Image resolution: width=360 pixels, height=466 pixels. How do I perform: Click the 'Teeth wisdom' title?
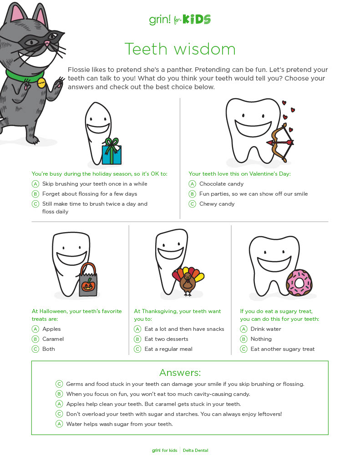click(180, 49)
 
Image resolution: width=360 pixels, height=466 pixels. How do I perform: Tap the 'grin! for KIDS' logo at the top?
click(180, 20)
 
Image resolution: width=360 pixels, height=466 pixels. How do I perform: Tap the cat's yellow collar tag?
click(41, 82)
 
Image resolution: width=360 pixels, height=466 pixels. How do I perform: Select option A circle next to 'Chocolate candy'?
click(193, 184)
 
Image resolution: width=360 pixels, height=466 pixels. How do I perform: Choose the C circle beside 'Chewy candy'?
click(193, 204)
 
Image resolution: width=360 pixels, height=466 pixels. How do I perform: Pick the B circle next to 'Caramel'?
click(35, 339)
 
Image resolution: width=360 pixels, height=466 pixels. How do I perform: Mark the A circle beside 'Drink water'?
click(243, 329)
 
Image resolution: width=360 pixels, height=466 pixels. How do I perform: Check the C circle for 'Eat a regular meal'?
click(137, 349)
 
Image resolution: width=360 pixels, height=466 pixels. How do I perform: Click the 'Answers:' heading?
click(180, 373)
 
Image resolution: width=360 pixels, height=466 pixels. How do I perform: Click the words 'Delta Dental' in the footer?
click(196, 451)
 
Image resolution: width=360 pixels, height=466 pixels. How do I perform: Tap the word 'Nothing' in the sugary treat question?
click(261, 339)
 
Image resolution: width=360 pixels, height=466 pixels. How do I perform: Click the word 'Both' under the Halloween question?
click(49, 349)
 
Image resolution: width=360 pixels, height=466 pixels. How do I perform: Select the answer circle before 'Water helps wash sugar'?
click(59, 424)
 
